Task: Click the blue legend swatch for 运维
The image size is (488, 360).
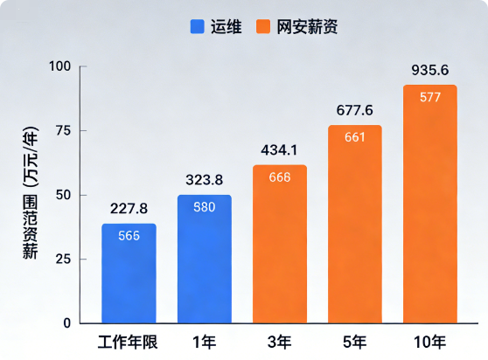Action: [198, 26]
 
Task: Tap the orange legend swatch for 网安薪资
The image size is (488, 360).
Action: [263, 26]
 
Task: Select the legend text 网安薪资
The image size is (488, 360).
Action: [307, 27]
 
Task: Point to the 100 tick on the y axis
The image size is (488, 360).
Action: [60, 66]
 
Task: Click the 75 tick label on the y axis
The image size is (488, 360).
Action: [64, 130]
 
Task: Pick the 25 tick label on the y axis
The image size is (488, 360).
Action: [64, 259]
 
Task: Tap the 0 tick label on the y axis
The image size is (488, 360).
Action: [67, 323]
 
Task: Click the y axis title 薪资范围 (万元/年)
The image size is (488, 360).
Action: [31, 193]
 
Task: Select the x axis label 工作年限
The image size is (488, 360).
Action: [128, 343]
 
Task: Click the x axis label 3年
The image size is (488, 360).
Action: [279, 343]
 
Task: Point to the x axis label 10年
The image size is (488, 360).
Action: [429, 343]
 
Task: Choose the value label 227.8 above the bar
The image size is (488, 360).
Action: [129, 209]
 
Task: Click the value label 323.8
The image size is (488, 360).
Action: [205, 180]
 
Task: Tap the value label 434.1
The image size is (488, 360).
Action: [279, 150]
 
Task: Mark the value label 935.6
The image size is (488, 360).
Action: [430, 70]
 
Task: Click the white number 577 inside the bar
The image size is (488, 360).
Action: [430, 97]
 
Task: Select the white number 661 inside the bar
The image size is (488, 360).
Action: [355, 137]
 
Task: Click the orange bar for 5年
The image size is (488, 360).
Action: [355, 225]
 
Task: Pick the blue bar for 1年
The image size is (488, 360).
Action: [205, 259]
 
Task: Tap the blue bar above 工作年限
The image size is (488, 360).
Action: [129, 273]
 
